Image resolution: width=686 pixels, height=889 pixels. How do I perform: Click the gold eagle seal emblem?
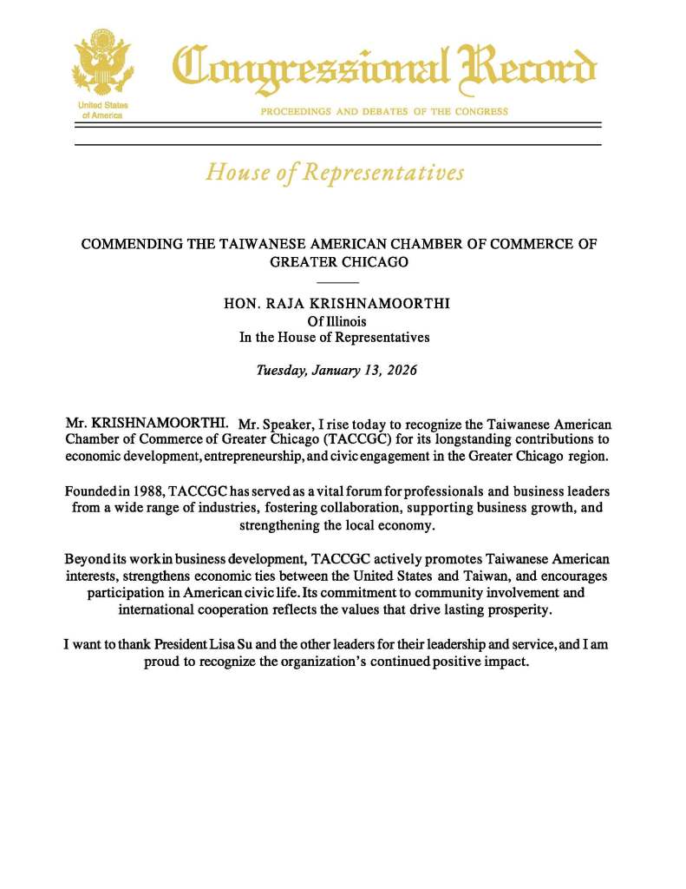click(x=101, y=63)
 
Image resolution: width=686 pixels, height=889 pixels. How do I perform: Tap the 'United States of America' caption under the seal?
click(x=101, y=109)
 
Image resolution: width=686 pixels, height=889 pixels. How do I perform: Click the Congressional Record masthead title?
click(x=384, y=68)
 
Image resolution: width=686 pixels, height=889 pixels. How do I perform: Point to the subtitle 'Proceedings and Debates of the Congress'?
click(x=384, y=111)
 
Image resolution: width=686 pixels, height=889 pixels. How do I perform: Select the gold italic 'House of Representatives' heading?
click(x=335, y=172)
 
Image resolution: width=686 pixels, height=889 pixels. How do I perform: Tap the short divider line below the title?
click(x=337, y=283)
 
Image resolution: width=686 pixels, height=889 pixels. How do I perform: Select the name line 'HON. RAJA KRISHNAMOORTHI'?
click(x=337, y=303)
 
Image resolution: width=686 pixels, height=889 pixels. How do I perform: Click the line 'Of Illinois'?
click(x=337, y=320)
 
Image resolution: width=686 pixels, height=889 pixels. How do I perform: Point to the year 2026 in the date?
click(x=401, y=370)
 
